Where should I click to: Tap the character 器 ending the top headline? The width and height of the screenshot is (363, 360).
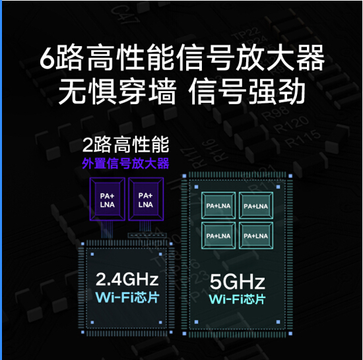[x=310, y=57]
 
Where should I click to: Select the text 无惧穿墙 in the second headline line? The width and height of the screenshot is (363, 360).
[x=117, y=92]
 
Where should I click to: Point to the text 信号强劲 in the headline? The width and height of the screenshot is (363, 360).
[x=247, y=92]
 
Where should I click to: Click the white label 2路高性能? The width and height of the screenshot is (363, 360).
[x=125, y=145]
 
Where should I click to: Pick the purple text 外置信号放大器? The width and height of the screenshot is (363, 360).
[x=125, y=164]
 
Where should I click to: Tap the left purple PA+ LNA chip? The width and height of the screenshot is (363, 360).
[x=107, y=199]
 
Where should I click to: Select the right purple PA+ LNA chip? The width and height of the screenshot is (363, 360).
[x=146, y=199]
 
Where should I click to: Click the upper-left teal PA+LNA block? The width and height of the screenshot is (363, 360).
[x=218, y=205]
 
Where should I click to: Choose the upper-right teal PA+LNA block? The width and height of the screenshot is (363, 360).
[x=256, y=205]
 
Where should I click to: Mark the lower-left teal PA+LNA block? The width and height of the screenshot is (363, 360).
[x=218, y=235]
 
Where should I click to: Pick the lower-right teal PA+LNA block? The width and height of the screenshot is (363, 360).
[x=256, y=235]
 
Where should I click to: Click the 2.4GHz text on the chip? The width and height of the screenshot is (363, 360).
[x=127, y=279]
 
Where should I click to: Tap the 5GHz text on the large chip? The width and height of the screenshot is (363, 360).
[x=238, y=282]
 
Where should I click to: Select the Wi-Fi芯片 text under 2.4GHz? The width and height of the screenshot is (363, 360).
[x=127, y=297]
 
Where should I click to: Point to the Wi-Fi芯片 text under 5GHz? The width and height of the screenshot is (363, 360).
[x=238, y=299]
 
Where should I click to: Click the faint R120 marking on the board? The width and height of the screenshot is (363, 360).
[x=291, y=125]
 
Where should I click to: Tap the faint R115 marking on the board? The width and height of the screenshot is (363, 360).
[x=304, y=138]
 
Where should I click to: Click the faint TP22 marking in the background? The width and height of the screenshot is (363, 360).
[x=246, y=35]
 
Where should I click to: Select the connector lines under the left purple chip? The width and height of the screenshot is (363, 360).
[x=107, y=229]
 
